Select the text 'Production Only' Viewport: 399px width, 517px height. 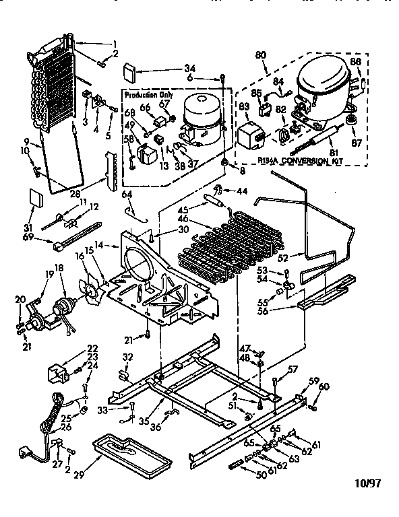(149, 95)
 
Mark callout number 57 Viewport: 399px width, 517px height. (293, 368)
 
